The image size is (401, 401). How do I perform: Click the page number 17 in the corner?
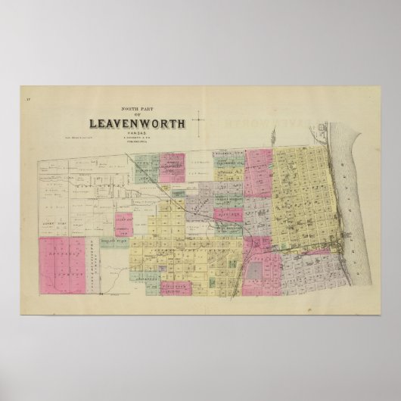[26, 99]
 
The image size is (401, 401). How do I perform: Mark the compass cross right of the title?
[199, 120]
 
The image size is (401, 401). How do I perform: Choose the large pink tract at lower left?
[61, 262]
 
